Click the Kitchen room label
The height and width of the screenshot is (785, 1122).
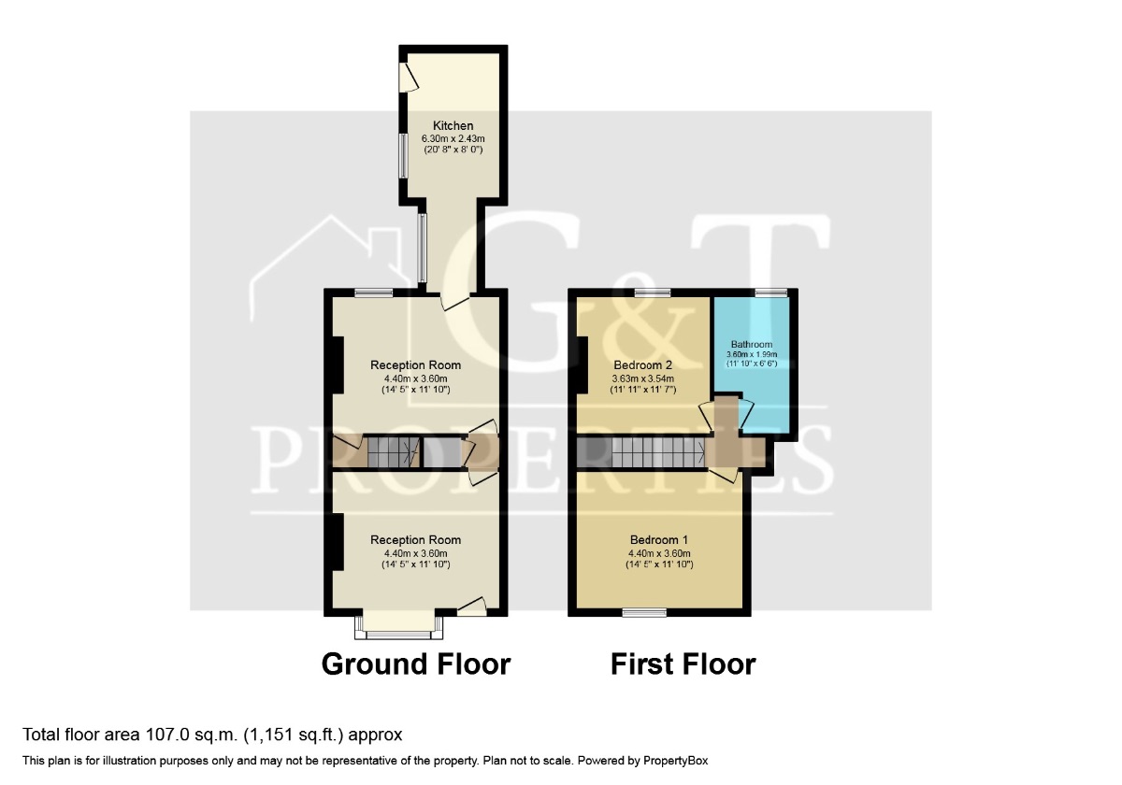click(453, 125)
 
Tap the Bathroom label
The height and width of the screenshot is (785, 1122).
click(752, 345)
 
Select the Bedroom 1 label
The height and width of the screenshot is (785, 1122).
click(658, 540)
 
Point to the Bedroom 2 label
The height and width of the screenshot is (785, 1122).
click(642, 365)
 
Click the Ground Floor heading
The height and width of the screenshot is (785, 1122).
click(416, 664)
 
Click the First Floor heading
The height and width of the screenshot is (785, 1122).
click(683, 664)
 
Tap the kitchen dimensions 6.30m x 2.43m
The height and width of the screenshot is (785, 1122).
click(453, 138)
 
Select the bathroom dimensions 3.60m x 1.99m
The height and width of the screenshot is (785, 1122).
click(752, 354)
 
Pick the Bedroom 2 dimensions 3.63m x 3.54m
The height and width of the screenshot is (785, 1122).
click(642, 378)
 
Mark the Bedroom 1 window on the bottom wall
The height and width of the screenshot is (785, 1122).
click(644, 612)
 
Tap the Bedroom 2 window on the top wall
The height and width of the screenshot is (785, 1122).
click(653, 293)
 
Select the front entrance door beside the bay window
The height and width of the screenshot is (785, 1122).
click(472, 607)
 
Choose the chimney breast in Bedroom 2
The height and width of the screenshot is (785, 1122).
click(582, 365)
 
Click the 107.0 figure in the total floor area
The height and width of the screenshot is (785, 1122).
click(167, 735)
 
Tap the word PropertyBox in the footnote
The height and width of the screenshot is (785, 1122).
click(675, 761)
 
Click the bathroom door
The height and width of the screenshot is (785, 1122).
click(746, 413)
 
